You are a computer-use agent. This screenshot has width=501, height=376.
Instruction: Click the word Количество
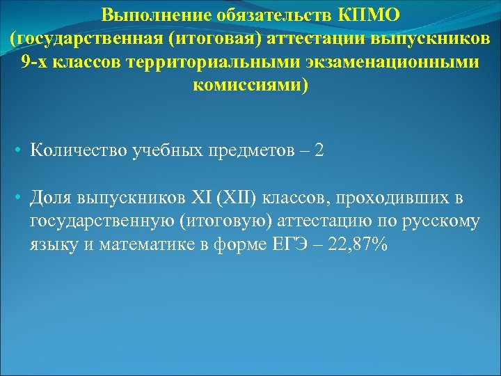click(78, 151)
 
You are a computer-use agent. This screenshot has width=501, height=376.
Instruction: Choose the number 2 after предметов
click(319, 151)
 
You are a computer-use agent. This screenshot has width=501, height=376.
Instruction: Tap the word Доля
click(51, 198)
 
